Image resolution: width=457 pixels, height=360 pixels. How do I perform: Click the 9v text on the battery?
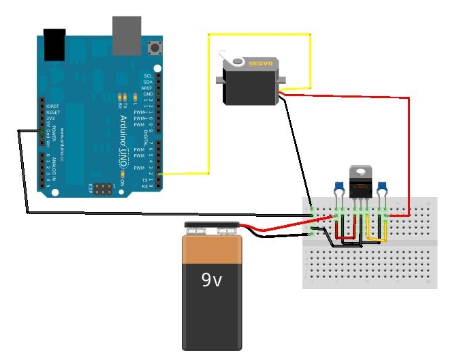[x=211, y=280]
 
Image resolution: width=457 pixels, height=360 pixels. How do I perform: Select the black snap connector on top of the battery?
[x=212, y=226]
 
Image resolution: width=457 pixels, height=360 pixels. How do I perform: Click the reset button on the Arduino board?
[x=159, y=48]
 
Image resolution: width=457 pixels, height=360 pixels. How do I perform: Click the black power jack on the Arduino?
[x=54, y=43]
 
